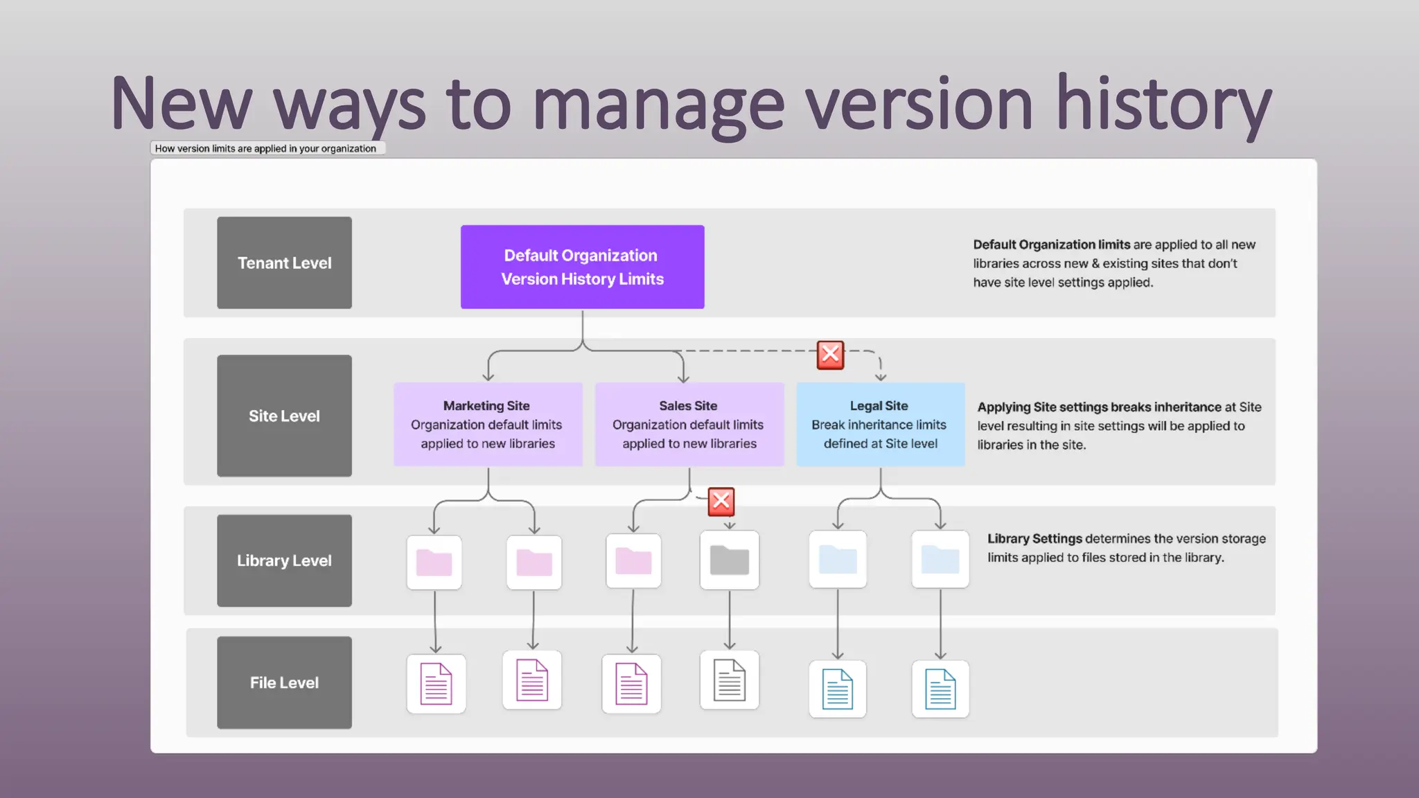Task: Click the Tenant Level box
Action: click(284, 263)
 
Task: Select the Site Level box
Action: click(284, 416)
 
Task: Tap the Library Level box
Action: click(284, 560)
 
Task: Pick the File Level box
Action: click(284, 682)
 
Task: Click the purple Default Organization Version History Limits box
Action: click(582, 267)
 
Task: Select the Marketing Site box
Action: click(488, 424)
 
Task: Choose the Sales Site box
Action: click(689, 424)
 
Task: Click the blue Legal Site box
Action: click(880, 424)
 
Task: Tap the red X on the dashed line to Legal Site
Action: click(830, 355)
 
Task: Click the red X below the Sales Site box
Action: click(721, 502)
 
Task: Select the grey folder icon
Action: click(730, 560)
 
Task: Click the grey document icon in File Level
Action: click(730, 680)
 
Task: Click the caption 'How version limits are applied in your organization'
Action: click(266, 148)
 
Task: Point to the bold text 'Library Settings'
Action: click(1034, 538)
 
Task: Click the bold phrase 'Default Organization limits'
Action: click(1051, 245)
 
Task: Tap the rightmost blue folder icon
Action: click(940, 560)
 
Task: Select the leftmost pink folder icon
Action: click(434, 562)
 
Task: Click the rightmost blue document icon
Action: click(940, 689)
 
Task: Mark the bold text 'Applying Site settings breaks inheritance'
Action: click(1099, 407)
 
